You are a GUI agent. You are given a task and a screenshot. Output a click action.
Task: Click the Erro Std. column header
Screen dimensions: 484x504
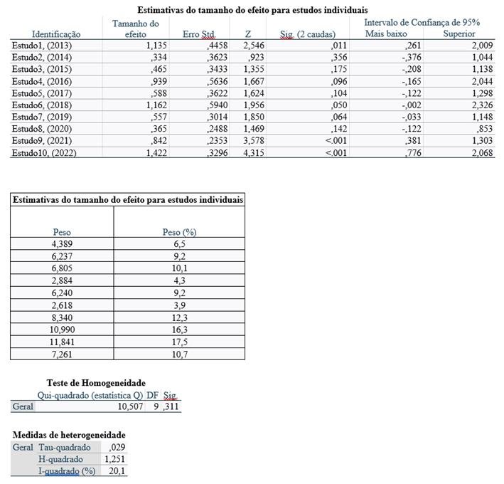(198, 34)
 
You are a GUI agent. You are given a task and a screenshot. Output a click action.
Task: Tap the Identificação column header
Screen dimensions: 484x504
(56, 34)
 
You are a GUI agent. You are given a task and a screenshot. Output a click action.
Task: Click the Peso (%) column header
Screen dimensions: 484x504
(179, 232)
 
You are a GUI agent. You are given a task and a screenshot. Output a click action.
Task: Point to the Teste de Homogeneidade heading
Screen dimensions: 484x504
(96, 383)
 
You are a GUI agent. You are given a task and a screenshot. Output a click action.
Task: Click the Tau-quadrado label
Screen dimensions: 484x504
(65, 447)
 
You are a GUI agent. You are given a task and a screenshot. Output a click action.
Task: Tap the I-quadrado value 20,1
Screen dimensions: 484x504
(116, 471)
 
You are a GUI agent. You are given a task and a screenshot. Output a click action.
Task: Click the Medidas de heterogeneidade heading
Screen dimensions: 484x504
(69, 434)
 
